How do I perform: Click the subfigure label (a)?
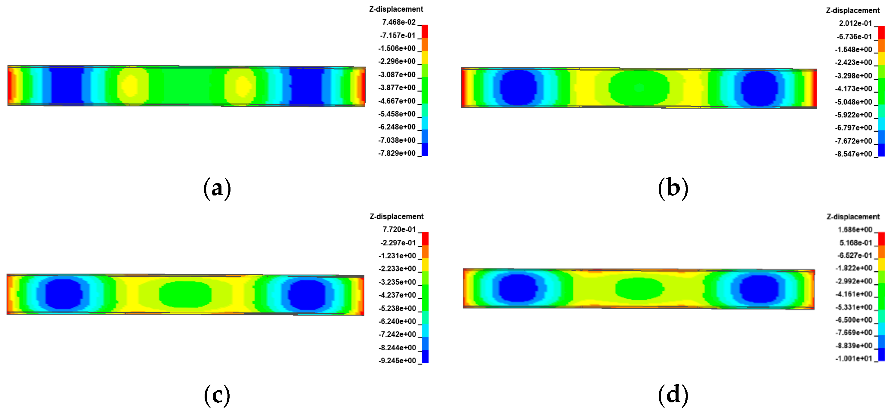217,188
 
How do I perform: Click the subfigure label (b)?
673,188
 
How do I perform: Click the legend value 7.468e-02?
398,22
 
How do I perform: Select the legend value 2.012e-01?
855,23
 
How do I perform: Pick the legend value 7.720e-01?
399,229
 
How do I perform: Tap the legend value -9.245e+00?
397,361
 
